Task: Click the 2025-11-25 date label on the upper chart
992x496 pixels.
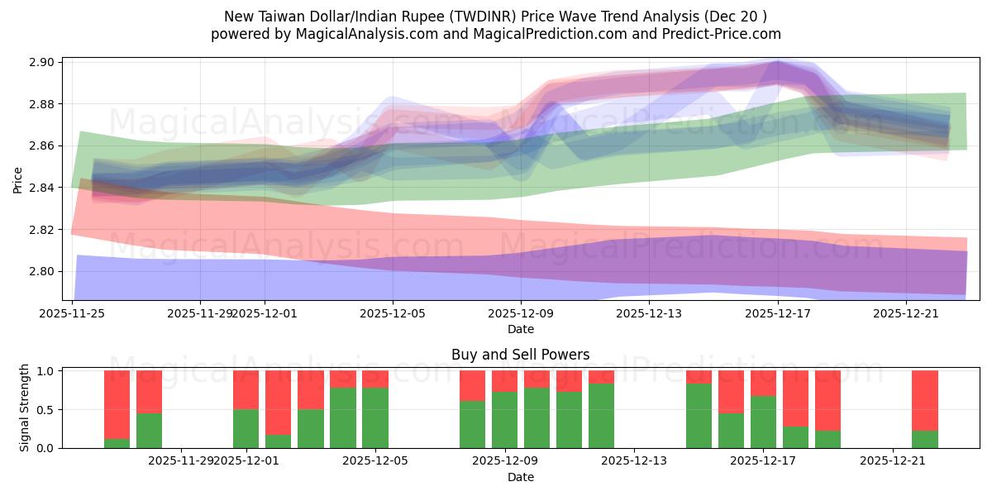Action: pos(72,313)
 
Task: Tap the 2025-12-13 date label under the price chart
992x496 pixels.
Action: pos(649,313)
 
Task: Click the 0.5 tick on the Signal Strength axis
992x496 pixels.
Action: pos(45,410)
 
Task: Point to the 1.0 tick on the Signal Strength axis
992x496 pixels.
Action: pos(45,371)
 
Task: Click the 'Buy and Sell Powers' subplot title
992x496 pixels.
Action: pos(520,355)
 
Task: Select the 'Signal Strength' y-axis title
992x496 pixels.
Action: pos(25,408)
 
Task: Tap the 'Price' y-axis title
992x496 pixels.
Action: pos(18,179)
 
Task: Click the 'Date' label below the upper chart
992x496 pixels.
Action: pos(520,329)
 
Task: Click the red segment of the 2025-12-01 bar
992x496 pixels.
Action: pos(246,389)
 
